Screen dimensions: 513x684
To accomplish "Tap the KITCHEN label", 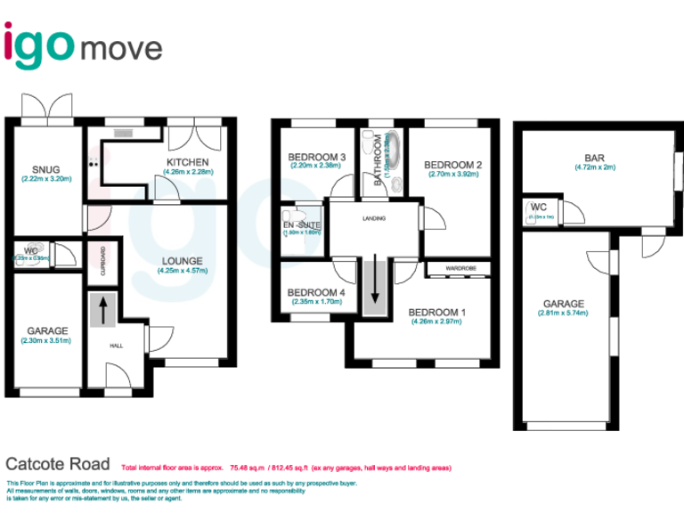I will [188, 161].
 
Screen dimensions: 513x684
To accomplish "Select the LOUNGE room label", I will [183, 262].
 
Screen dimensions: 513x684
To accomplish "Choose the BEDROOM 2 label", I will [452, 165].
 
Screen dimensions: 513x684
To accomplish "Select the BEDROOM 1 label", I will [436, 312].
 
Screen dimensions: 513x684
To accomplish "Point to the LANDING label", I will [372, 217].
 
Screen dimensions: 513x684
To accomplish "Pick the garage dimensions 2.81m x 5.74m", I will [563, 313].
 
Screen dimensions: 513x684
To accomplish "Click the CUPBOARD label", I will [103, 263].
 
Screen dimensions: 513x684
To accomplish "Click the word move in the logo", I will [123, 46].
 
